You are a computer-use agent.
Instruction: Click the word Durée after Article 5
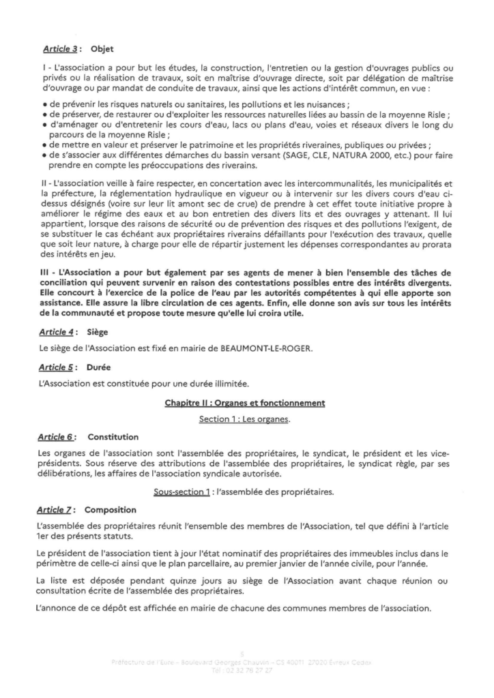(x=101, y=367)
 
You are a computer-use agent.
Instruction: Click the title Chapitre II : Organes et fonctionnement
(x=245, y=403)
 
